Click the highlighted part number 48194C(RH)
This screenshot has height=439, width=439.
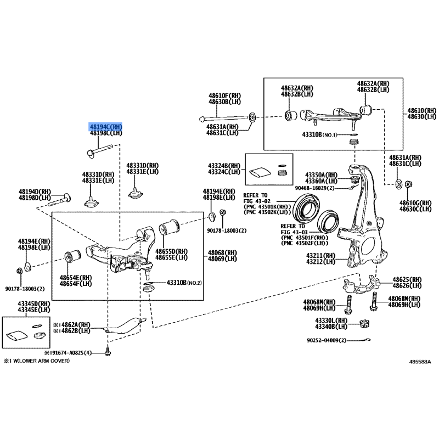[x=106, y=127]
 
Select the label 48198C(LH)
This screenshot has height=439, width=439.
[x=106, y=133]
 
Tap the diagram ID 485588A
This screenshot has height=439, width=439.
[x=420, y=362]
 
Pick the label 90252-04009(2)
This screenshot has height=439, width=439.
[x=326, y=341]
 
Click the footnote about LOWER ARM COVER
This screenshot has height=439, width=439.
[x=37, y=362]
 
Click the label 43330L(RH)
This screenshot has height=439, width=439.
[x=331, y=320]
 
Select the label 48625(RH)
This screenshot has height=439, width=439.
[x=407, y=279]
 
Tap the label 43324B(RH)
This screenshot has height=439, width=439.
[x=224, y=166]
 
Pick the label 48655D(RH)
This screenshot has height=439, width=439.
[x=172, y=250]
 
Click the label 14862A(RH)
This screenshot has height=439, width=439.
[x=74, y=325]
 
